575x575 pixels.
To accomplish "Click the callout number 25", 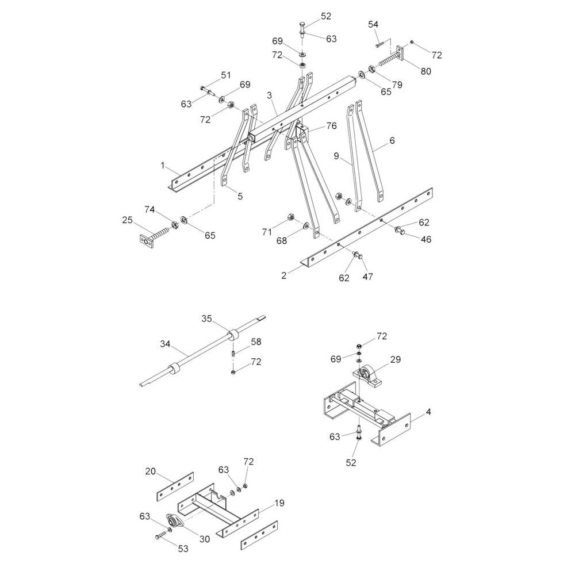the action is coord(127,220).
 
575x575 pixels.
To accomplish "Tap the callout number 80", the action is coord(425,71).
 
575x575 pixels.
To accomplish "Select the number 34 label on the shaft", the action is coord(165,344).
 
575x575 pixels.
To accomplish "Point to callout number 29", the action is coord(396,360).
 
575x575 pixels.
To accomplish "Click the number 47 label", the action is coord(367,277).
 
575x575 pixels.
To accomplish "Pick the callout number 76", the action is coord(331,126).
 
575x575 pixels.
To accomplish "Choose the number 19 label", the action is coord(279,503).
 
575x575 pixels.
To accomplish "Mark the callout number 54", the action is coord(373,25).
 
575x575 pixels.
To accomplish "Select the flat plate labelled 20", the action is coord(175,486).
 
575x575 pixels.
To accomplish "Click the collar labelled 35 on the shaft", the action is coord(232,336).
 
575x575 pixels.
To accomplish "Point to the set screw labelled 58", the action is coord(233,355).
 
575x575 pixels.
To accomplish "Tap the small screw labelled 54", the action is coord(379,45).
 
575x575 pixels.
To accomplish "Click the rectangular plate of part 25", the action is coord(146,242).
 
